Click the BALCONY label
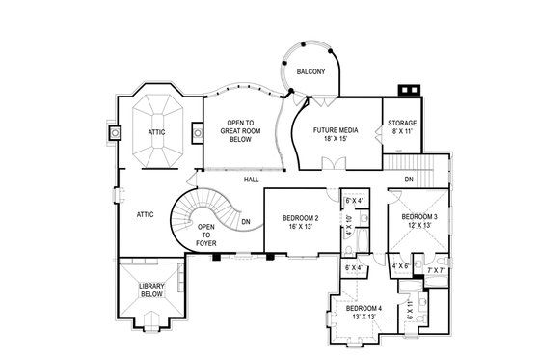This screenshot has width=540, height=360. (x=310, y=72)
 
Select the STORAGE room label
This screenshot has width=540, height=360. (x=402, y=124)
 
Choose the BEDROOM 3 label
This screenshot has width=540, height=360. (x=419, y=217)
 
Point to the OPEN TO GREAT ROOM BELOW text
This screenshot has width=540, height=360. (x=233, y=130)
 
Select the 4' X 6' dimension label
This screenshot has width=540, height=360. (x=401, y=265)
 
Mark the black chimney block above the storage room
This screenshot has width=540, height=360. (x=407, y=91)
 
